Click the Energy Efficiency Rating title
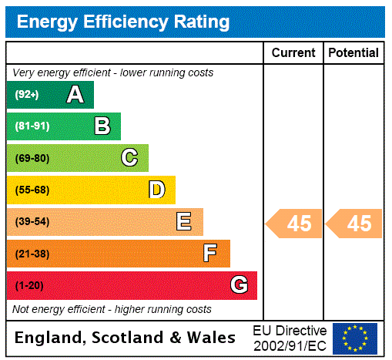click(x=123, y=22)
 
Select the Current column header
click(x=293, y=53)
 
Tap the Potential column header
click(x=353, y=53)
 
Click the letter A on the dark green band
click(x=75, y=95)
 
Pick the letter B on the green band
click(x=102, y=126)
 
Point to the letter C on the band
click(x=129, y=158)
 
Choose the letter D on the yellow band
click(x=156, y=190)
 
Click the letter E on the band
click(x=184, y=222)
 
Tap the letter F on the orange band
click(x=210, y=254)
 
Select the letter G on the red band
click(x=239, y=285)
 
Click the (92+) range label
click(x=27, y=95)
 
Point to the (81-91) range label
click(x=32, y=126)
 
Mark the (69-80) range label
click(x=32, y=158)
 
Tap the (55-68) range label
click(x=32, y=190)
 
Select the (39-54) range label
click(x=32, y=222)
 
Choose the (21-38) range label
click(x=32, y=254)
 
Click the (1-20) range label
click(x=29, y=285)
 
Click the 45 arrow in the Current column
click(x=295, y=224)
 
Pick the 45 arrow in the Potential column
click(x=355, y=224)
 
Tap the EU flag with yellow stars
click(x=355, y=338)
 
